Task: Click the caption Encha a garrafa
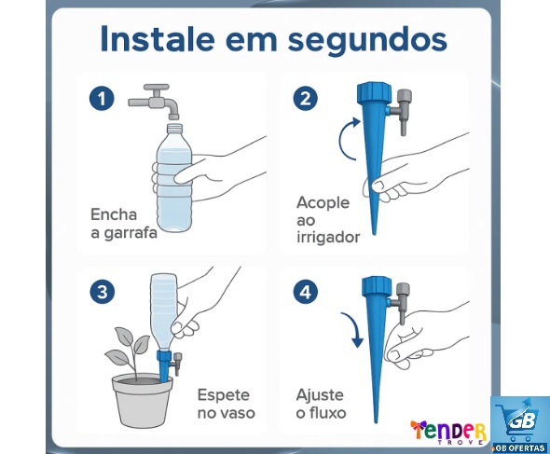(x=123, y=224)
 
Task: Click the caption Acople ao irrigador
(x=327, y=219)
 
